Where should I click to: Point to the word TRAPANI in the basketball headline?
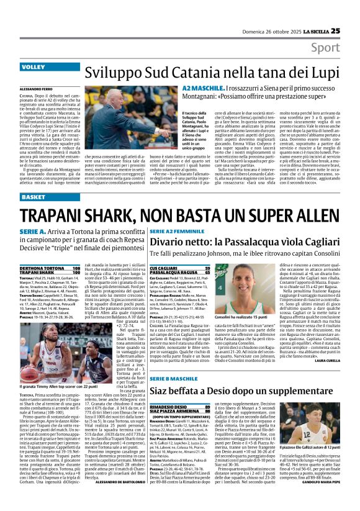pos(84,220)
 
